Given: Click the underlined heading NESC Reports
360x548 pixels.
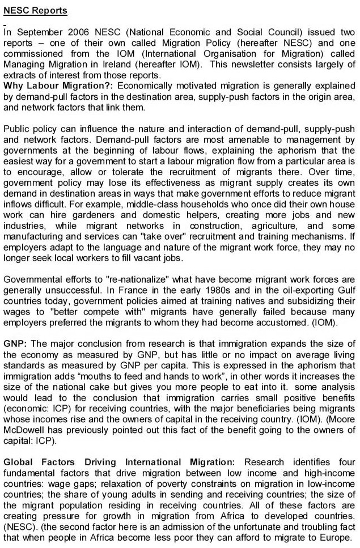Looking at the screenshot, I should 35,11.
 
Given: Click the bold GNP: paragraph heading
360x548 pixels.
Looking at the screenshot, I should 15,345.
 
